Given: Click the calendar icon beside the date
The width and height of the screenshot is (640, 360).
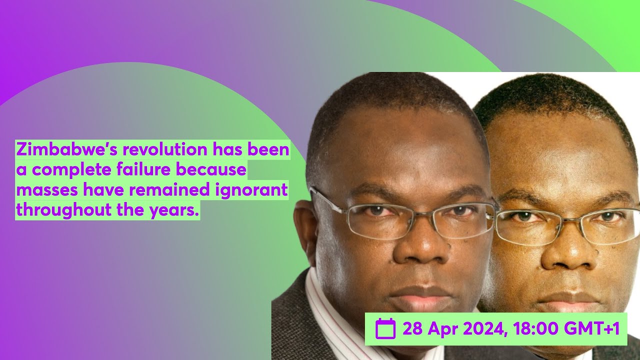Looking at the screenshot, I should [385, 329].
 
